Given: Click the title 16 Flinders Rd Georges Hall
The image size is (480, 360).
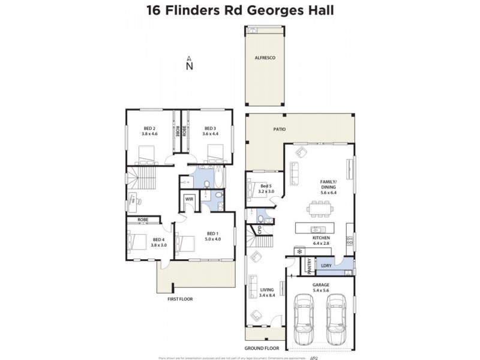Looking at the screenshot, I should [x=240, y=10].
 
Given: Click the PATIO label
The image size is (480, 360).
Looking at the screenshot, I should [x=278, y=128].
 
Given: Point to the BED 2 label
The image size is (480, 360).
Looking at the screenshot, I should [x=149, y=128].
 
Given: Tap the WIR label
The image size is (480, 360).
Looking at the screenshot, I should [x=188, y=199].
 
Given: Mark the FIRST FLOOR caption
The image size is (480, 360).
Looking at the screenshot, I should [x=179, y=298].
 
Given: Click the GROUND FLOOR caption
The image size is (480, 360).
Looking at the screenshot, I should [x=262, y=347].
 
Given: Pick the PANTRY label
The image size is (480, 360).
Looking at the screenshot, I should [x=309, y=265].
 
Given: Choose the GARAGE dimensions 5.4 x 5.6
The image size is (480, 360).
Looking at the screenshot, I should [x=320, y=290].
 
